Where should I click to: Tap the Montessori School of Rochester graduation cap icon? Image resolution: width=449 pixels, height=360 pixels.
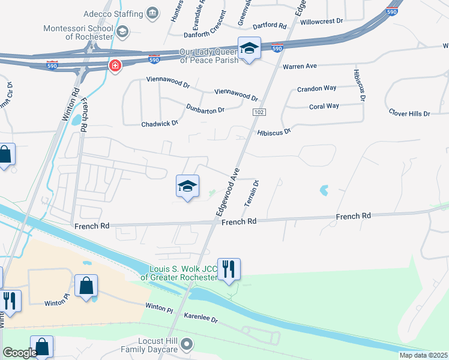click(122, 31)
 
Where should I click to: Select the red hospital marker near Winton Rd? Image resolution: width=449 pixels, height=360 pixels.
click(113, 65)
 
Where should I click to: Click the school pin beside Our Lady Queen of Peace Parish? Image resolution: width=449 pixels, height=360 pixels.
click(249, 49)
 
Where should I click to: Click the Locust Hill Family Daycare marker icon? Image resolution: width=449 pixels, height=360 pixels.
click(188, 344)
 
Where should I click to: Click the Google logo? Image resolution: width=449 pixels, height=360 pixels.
click(20, 352)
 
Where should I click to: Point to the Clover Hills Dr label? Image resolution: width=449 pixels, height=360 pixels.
click(409, 113)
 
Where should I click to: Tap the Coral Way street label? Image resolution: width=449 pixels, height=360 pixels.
click(324, 106)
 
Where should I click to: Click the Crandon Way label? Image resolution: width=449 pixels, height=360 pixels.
click(317, 89)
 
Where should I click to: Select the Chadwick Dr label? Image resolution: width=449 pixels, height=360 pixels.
click(160, 124)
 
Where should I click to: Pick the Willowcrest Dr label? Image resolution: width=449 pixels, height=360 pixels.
click(322, 20)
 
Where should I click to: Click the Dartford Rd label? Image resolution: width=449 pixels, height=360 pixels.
click(270, 25)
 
